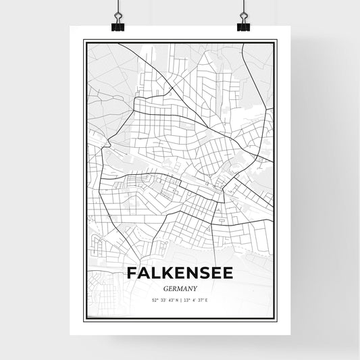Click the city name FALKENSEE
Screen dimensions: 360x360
180,274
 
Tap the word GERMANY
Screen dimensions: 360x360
180,287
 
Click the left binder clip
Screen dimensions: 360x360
116,26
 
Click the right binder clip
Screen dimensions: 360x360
243,26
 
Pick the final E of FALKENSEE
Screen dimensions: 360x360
228,274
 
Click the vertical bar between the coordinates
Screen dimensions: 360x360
180,299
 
